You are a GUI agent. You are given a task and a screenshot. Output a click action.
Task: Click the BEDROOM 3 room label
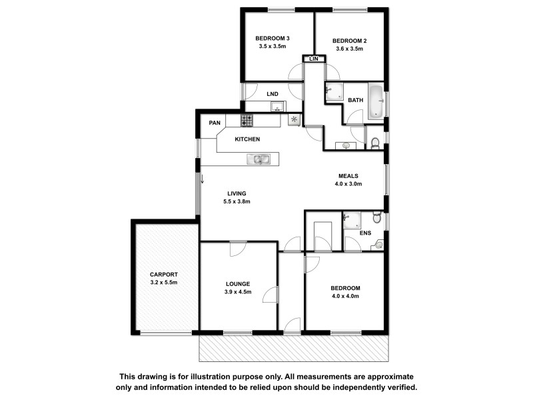click(272, 38)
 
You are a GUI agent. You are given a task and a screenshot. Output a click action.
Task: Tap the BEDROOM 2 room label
click(349, 40)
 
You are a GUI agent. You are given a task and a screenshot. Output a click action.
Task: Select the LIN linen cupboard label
click(314, 60)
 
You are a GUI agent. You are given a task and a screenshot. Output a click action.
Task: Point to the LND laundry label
click(272, 94)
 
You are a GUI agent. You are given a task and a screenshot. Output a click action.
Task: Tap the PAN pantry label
click(214, 123)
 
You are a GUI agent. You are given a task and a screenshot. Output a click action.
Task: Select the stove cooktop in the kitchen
click(247, 121)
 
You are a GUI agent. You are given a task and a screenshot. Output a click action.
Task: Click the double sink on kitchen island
click(258, 159)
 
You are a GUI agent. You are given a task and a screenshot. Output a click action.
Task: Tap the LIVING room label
click(235, 193)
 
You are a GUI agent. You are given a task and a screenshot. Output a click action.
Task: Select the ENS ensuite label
click(364, 233)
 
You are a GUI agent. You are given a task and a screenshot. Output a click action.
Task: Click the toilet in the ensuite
click(377, 218)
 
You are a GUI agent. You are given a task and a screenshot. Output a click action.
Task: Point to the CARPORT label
click(163, 274)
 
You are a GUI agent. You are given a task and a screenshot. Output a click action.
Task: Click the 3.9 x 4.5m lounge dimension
click(237, 291)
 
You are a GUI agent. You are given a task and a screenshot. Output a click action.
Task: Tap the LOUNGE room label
click(237, 283)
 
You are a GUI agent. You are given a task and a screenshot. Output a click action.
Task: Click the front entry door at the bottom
click(290, 326)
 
